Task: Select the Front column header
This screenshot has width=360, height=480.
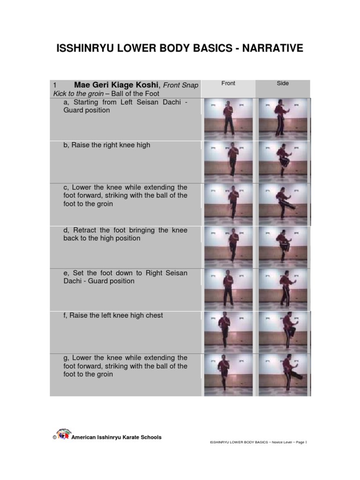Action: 228,83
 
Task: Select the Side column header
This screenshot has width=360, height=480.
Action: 283,83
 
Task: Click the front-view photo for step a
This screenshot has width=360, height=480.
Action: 229,119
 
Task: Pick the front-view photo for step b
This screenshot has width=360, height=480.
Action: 229,161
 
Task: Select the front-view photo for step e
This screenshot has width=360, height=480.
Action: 229,289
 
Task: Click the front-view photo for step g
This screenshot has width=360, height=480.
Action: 229,375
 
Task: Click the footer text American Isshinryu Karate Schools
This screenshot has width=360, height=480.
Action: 116,437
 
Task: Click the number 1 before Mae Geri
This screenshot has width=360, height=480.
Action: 55,85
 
